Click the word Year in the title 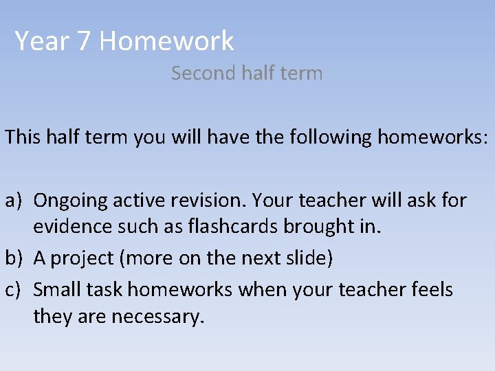[x=42, y=41]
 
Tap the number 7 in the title [x=83, y=41]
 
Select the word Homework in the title [x=166, y=41]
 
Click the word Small [x=57, y=290]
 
